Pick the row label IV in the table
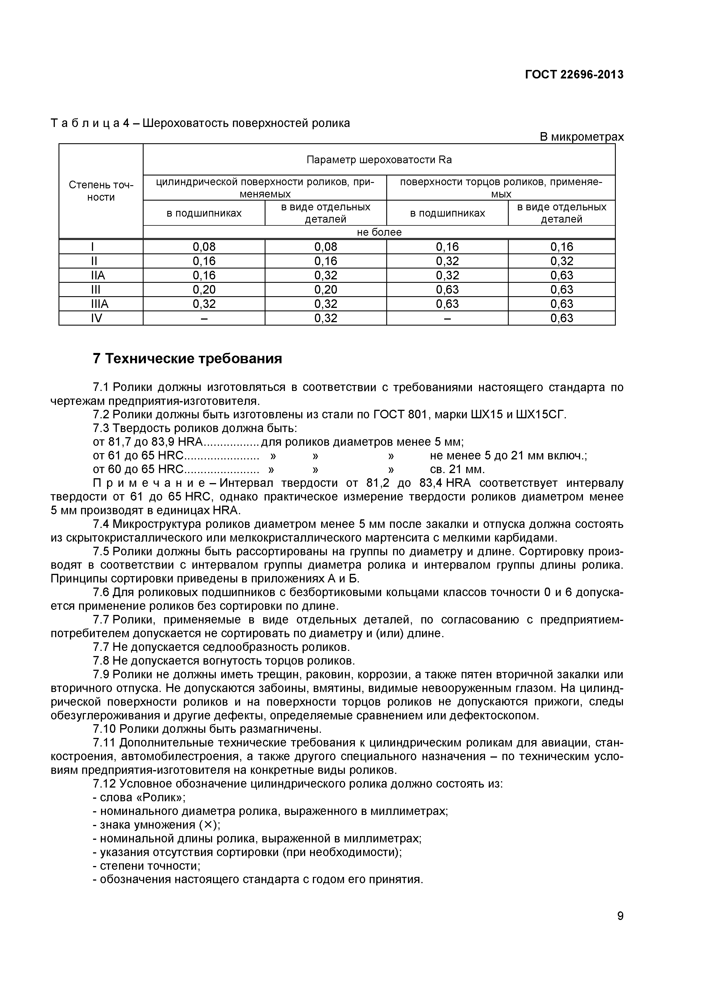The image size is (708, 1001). coord(96,318)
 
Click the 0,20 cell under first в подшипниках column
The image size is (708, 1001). coord(204,290)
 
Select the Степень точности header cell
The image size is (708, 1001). coord(101,191)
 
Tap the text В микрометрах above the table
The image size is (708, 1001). coord(582,137)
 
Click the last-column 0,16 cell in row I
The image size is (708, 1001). coord(562,247)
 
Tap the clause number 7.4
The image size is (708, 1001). coord(101,524)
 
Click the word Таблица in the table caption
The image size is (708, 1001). coord(85,123)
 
